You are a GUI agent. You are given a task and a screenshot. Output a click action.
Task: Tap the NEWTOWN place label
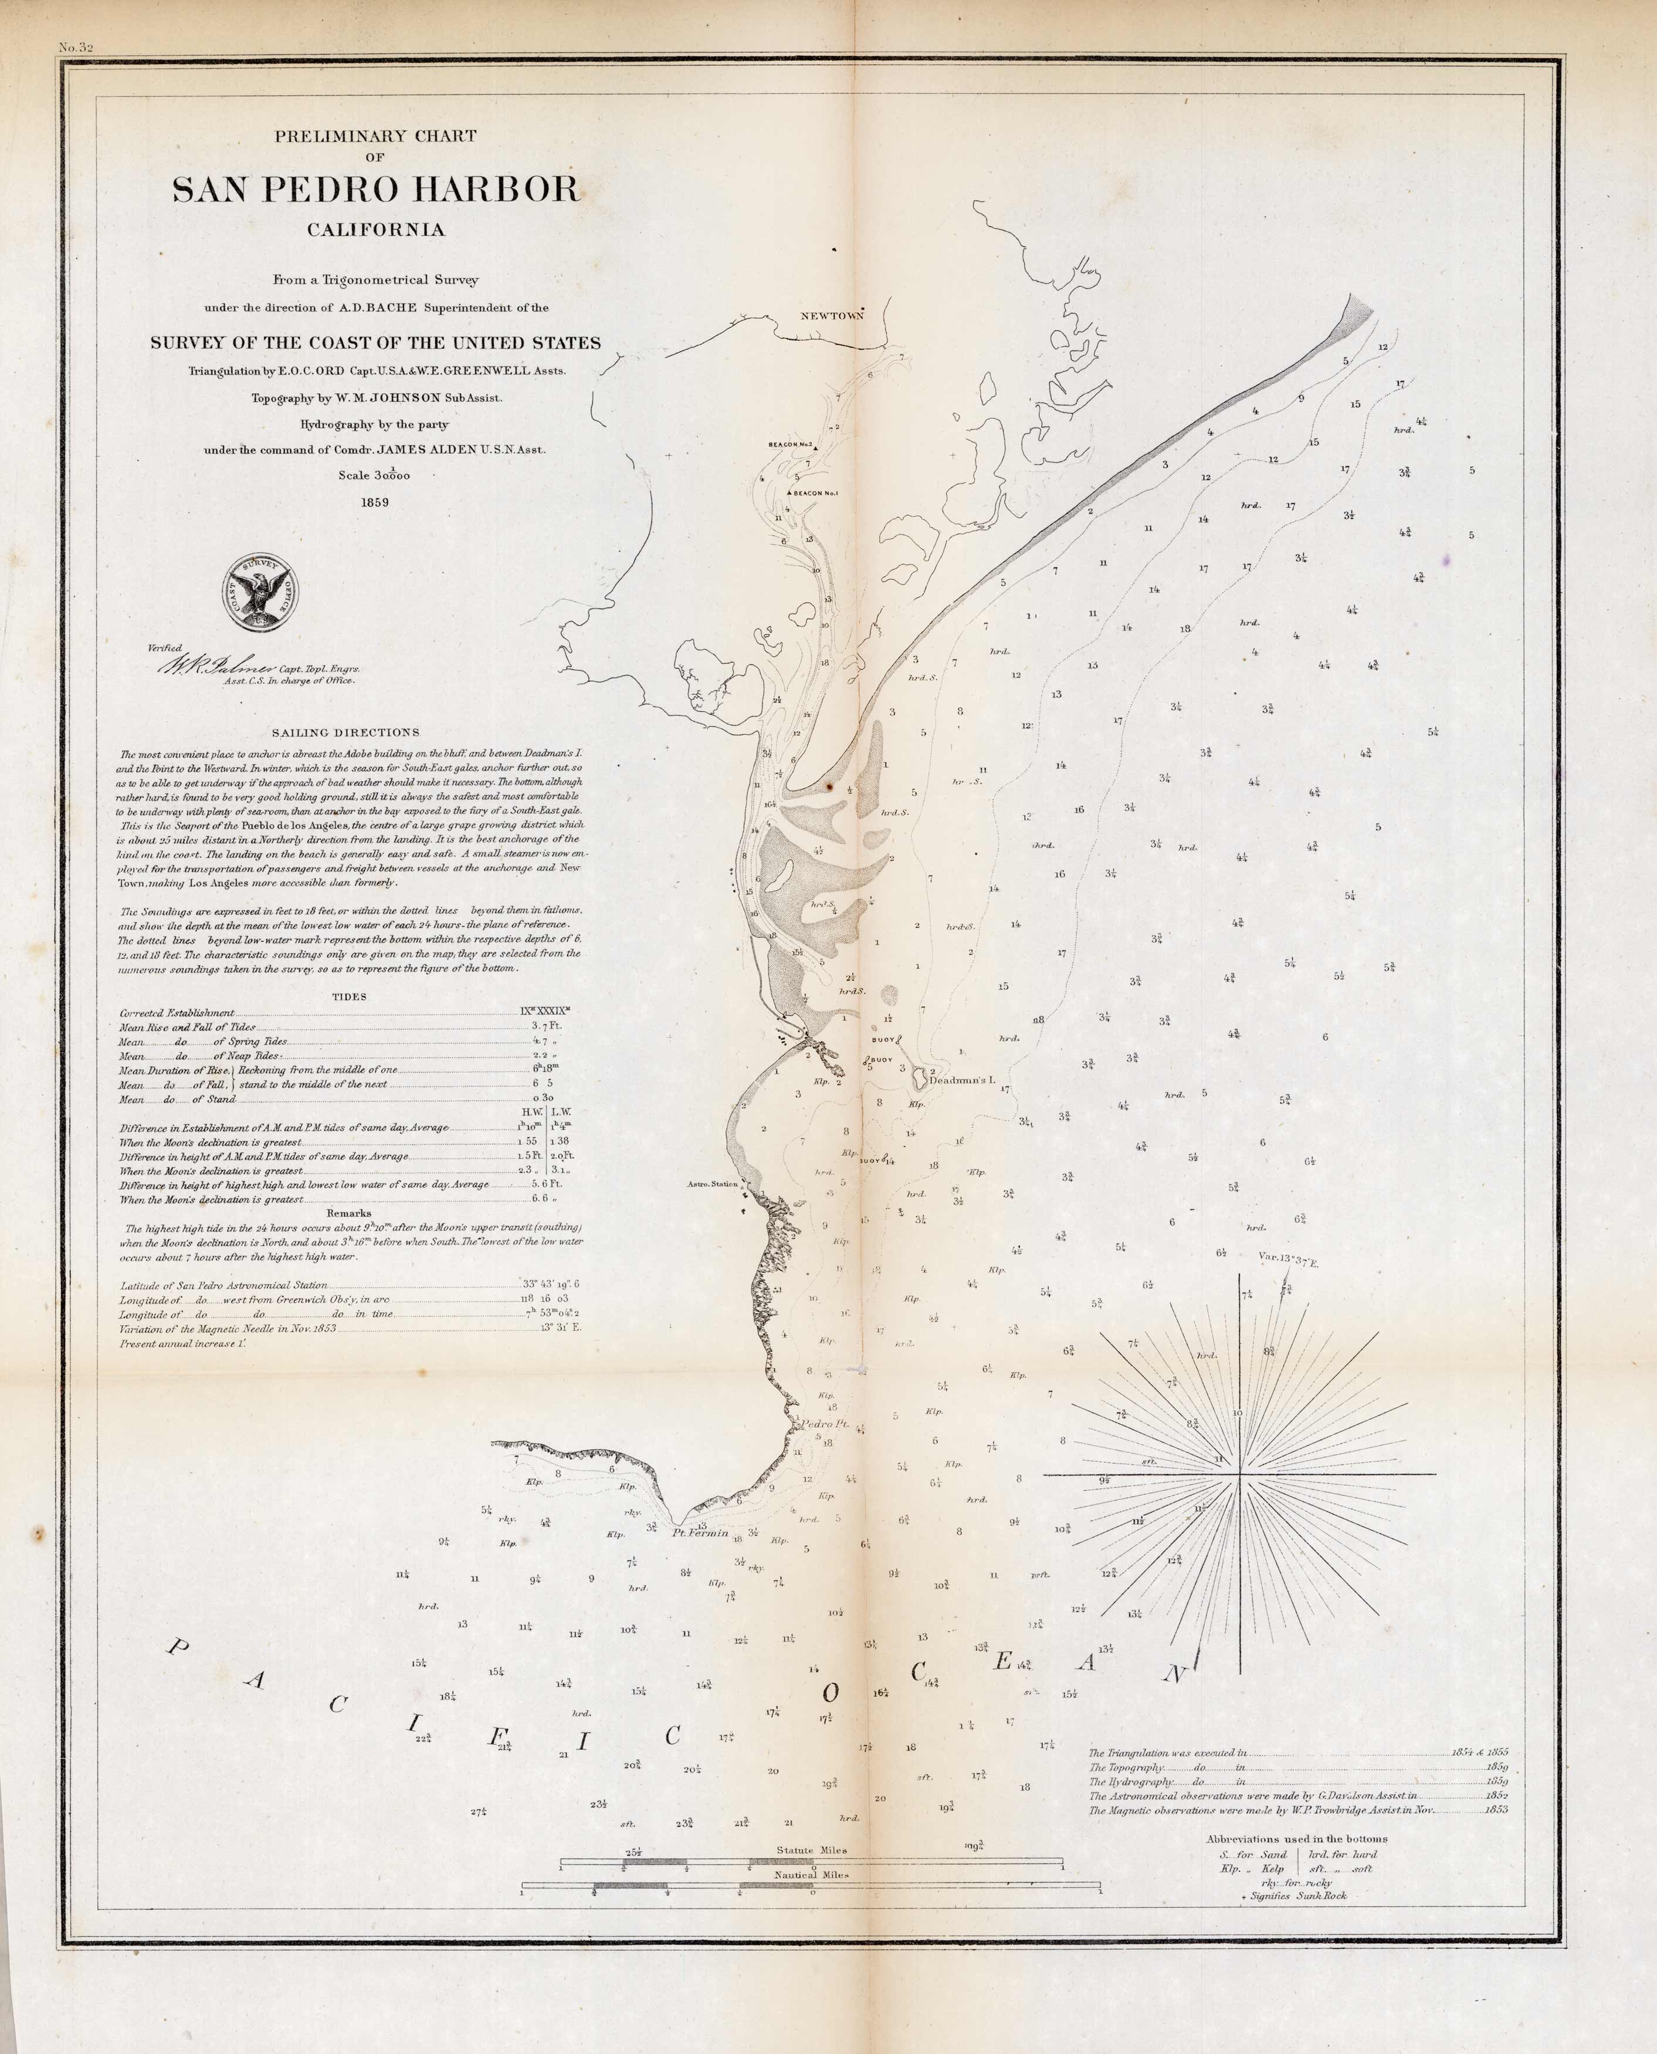[x=831, y=315]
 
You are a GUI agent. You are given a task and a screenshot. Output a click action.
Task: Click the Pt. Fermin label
[x=700, y=1533]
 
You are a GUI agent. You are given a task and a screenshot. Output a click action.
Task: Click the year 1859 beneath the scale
[x=374, y=502]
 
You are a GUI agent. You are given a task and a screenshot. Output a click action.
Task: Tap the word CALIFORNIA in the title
[x=375, y=230]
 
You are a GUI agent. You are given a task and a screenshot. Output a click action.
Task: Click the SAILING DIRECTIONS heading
[x=345, y=732]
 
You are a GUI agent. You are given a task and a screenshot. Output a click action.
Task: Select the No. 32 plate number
[x=74, y=47]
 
